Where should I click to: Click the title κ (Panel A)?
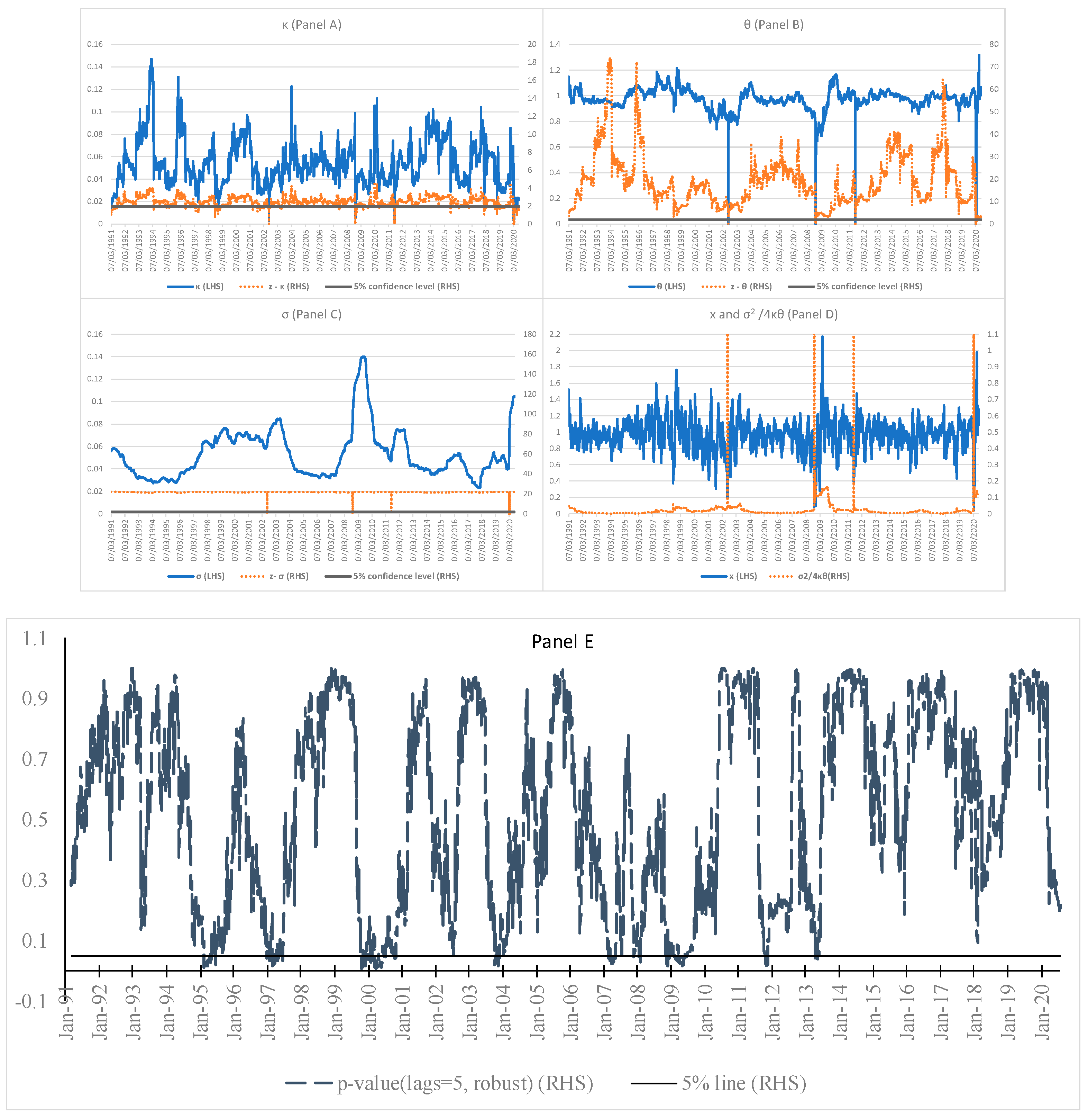311,25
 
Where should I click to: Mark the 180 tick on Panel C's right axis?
530,334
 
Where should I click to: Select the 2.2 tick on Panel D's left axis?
554,334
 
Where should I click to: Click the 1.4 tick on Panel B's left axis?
554,44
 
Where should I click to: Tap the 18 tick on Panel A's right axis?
532,62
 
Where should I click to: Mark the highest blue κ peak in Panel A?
152,59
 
